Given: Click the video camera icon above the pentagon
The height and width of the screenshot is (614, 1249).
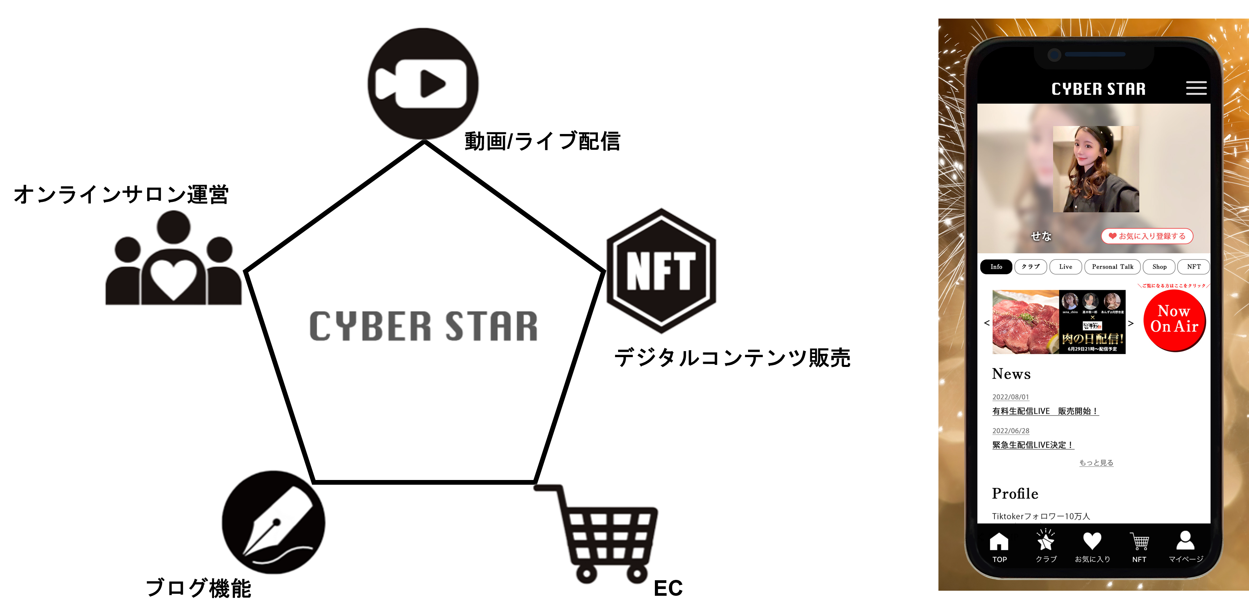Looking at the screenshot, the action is point(423,83).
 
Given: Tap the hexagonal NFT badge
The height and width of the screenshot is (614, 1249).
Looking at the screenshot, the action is point(661,271).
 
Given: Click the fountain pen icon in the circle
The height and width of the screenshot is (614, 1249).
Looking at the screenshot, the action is point(273,522).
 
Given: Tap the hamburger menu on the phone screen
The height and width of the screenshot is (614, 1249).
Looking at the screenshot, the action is point(1196,88).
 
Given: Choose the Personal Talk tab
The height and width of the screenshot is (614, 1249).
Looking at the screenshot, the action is point(1112,267).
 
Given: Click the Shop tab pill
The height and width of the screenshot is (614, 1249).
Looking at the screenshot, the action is point(1159,267).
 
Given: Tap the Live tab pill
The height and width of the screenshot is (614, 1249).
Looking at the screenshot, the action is point(1065,267).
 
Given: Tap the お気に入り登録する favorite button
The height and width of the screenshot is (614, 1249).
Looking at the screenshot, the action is point(1147,236).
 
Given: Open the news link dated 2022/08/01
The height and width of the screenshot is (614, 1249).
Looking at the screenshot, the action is point(1045,411).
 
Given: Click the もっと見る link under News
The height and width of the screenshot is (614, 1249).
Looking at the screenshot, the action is point(1096,463).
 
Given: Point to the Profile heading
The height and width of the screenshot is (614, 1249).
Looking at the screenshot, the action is point(1015,493).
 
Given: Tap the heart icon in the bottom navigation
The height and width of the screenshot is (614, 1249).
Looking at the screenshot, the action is point(1092,541).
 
